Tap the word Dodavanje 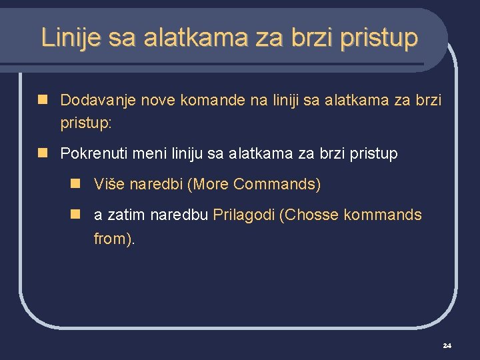tap(95, 100)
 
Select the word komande tap(213, 100)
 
